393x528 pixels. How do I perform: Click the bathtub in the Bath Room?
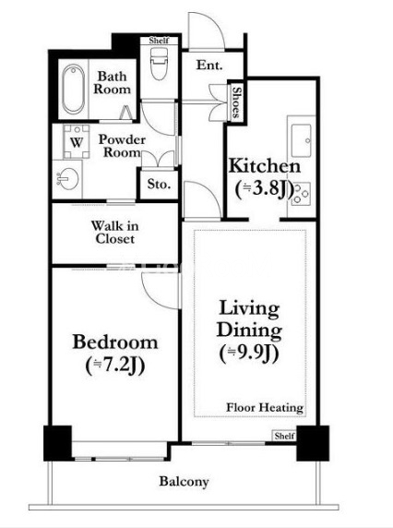[74, 89]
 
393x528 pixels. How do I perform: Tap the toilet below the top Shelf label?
[159, 64]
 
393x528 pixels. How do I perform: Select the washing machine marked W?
[77, 142]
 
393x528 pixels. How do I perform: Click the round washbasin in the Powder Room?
[68, 178]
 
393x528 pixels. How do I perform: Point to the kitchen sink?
[301, 140]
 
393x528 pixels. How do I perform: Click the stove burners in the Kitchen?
[301, 194]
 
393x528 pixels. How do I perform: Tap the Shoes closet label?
[237, 102]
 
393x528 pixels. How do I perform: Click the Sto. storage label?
[159, 184]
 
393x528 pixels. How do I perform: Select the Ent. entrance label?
[209, 65]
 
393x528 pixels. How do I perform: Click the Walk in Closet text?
[114, 232]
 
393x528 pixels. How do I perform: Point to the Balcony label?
[184, 482]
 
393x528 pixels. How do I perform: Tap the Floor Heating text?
[265, 407]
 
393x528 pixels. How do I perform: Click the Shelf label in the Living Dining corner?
[284, 436]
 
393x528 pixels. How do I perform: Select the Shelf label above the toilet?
[159, 41]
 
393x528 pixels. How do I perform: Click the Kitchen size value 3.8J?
[265, 189]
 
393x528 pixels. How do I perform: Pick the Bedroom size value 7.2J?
[115, 365]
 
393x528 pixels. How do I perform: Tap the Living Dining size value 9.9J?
[249, 354]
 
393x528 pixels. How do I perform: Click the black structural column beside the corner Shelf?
[313, 443]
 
